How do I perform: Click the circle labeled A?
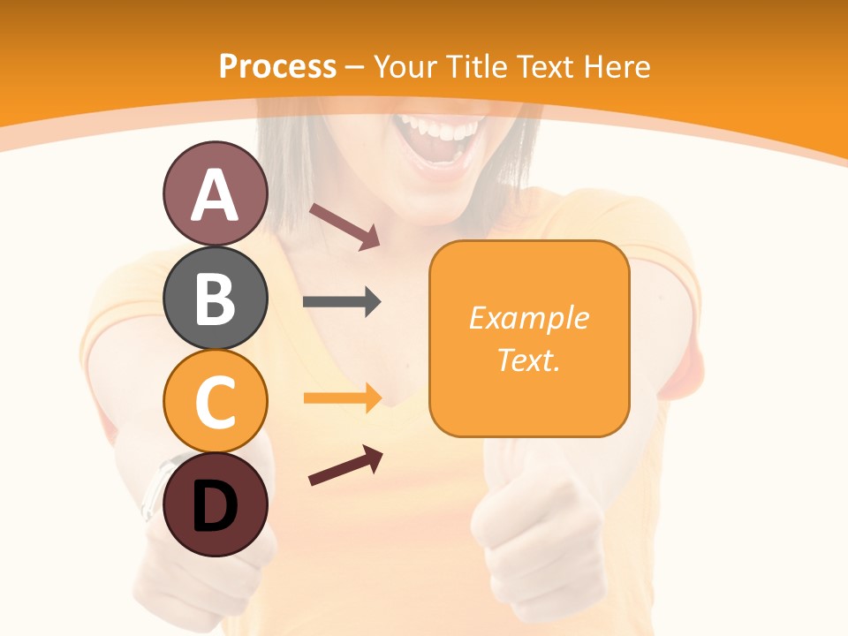pyautogui.click(x=215, y=194)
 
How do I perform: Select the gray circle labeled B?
pyautogui.click(x=215, y=298)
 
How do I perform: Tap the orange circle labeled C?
pyautogui.click(x=215, y=402)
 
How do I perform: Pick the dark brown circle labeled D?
pyautogui.click(x=215, y=505)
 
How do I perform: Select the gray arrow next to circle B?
pyautogui.click(x=342, y=302)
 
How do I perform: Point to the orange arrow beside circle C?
pyautogui.click(x=342, y=397)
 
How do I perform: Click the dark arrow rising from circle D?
pyautogui.click(x=345, y=466)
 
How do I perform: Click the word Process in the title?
pyautogui.click(x=277, y=66)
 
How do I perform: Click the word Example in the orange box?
pyautogui.click(x=528, y=318)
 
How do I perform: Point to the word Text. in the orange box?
pyautogui.click(x=528, y=360)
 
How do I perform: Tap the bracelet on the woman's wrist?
pyautogui.click(x=155, y=486)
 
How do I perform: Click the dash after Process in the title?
pyautogui.click(x=354, y=67)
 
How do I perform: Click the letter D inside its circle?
pyautogui.click(x=215, y=508)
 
